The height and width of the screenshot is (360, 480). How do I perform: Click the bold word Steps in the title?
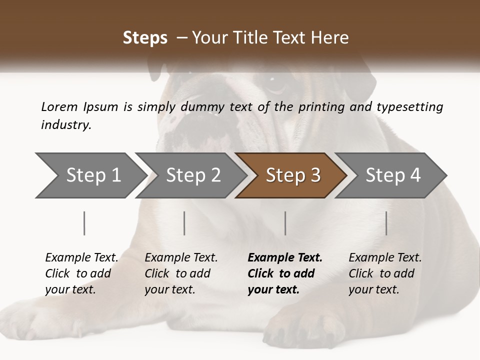coord(145,37)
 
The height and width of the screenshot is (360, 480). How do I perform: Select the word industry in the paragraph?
coord(65,125)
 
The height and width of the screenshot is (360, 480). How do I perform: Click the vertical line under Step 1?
coord(84,223)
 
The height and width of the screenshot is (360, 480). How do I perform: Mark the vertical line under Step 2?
coord(184,223)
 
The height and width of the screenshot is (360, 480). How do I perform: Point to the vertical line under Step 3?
coord(285,223)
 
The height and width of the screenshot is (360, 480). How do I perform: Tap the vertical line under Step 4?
coord(386,223)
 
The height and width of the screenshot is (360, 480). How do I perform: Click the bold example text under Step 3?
coord(285,273)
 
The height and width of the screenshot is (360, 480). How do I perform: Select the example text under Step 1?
coord(81,273)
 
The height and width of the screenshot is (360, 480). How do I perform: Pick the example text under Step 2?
coord(181,273)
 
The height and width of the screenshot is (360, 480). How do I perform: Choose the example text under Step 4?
coord(385,273)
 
